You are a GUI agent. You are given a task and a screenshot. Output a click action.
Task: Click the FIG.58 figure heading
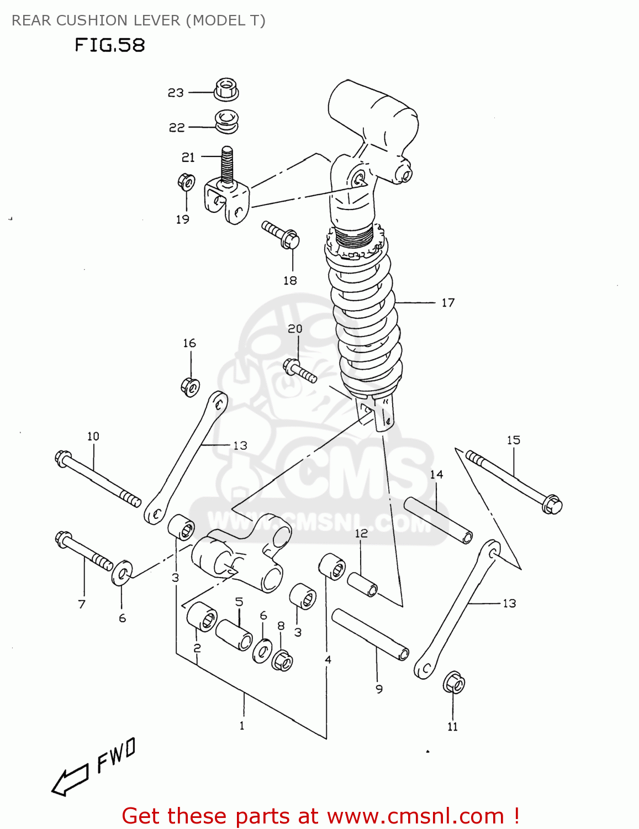click(x=109, y=45)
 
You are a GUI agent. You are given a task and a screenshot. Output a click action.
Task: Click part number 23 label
click(x=176, y=93)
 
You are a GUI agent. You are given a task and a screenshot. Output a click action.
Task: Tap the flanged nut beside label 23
click(x=226, y=89)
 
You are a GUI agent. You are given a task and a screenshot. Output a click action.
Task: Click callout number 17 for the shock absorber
click(x=448, y=303)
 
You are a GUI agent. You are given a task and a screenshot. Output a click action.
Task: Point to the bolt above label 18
click(x=281, y=235)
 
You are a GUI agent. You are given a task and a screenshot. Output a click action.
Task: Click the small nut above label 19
click(x=186, y=182)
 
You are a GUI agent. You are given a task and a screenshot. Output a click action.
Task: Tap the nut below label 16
click(x=190, y=386)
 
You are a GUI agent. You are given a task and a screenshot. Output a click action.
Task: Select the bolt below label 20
click(x=299, y=371)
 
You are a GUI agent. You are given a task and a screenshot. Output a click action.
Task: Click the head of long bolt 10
click(x=63, y=458)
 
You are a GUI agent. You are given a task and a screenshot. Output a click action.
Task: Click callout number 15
click(x=513, y=440)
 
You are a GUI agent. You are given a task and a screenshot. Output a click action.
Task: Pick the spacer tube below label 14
click(x=438, y=520)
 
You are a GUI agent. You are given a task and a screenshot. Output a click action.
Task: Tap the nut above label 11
click(x=453, y=683)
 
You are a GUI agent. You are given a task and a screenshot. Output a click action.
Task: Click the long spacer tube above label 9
click(x=370, y=634)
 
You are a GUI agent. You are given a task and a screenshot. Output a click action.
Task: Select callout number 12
click(x=361, y=533)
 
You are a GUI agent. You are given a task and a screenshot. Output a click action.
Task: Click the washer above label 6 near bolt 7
click(x=122, y=574)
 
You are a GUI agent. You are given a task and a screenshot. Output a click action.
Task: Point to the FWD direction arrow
click(x=70, y=780)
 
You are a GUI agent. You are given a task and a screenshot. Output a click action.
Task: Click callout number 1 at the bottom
click(x=242, y=726)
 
